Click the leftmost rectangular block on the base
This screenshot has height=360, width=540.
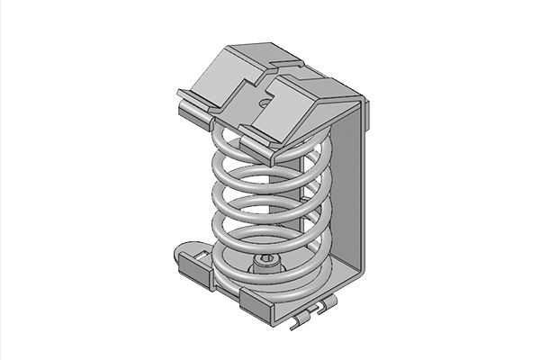pos(195,266)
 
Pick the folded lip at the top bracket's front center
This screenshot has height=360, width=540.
pos(261,135)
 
